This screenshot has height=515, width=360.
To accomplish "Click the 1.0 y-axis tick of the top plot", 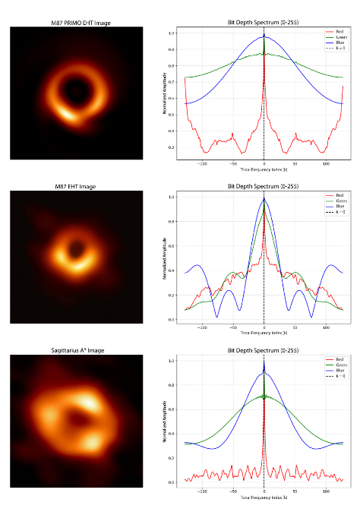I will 172,33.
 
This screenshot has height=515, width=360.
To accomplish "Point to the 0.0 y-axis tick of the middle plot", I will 172,320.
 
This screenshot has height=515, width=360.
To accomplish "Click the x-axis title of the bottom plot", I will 263,498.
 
